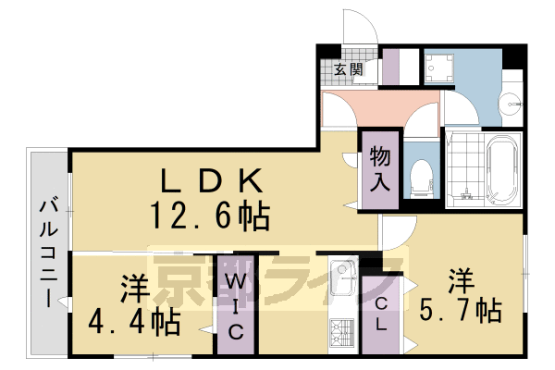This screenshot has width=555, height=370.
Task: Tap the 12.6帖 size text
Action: (x=211, y=217)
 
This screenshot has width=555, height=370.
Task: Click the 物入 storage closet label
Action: (x=379, y=166)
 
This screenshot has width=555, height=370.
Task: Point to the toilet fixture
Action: (x=422, y=175)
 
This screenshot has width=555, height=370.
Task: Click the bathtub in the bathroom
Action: (x=502, y=172)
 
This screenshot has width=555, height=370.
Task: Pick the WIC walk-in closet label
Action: (x=236, y=304)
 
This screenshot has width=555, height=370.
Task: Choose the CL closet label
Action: (x=380, y=314)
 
